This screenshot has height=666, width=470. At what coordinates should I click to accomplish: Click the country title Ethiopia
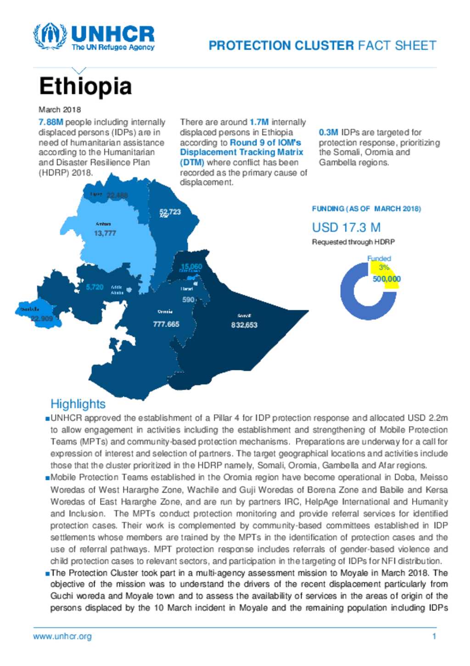(85, 86)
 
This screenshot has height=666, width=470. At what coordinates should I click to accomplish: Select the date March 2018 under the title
(60, 109)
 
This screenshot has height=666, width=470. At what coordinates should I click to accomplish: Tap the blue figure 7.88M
(50, 122)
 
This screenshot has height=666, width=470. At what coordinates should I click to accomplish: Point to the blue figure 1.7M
(259, 122)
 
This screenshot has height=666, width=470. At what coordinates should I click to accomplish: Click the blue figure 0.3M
(328, 132)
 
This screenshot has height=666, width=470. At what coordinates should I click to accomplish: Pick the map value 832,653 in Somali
(244, 325)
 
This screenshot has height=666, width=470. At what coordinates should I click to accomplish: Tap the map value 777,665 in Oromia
(166, 324)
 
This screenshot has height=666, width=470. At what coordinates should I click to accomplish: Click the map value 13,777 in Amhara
(105, 233)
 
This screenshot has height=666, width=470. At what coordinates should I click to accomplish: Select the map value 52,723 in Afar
(170, 211)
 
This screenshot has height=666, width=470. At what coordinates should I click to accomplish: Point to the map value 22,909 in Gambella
(42, 319)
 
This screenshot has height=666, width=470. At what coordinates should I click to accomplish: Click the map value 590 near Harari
(188, 299)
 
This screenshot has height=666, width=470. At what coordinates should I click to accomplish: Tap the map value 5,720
(95, 287)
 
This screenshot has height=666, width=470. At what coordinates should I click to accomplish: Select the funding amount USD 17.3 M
(346, 228)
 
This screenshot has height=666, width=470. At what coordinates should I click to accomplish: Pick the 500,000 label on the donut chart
(386, 279)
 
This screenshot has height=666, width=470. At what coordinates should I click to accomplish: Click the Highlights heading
(78, 404)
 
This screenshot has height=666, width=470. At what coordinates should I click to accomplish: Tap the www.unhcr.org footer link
(62, 636)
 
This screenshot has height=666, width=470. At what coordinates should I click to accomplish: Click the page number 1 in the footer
(434, 636)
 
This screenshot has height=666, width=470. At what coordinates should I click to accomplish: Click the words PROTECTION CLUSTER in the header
(281, 46)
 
